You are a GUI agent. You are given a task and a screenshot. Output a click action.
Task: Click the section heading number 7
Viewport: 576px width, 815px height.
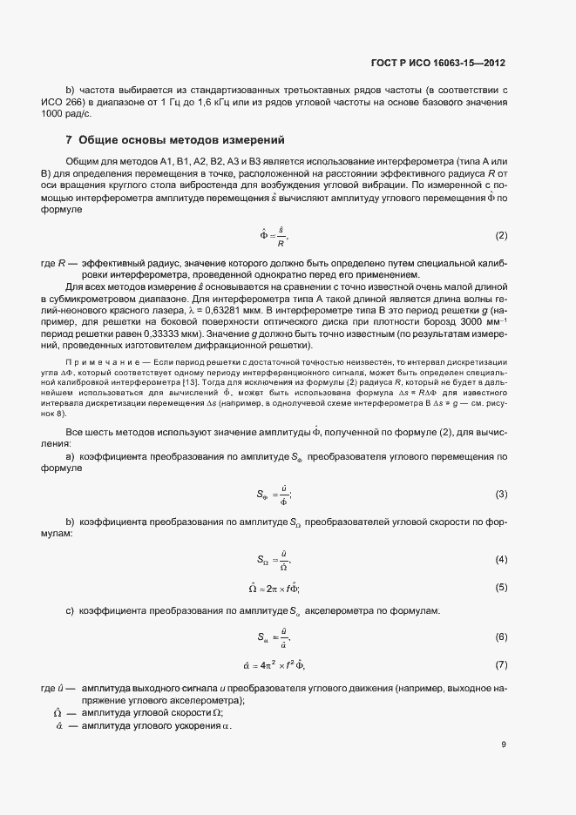click(69, 141)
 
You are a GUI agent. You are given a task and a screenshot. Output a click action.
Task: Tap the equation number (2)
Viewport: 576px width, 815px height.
click(501, 236)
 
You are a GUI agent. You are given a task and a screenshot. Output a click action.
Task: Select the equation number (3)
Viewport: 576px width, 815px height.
click(501, 495)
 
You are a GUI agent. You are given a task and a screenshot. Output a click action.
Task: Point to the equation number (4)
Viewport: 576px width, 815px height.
click(501, 559)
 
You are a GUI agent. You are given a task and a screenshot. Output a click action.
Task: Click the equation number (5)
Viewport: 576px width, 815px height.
click(501, 587)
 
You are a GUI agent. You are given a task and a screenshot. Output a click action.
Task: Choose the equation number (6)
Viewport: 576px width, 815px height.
click(501, 637)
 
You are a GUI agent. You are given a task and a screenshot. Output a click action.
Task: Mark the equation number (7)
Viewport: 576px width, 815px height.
click(501, 665)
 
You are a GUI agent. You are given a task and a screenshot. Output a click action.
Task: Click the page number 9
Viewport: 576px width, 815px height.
click(505, 744)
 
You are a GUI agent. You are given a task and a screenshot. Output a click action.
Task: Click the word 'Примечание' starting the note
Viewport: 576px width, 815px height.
click(99, 360)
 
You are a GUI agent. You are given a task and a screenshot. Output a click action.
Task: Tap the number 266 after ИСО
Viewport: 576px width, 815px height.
click(96, 102)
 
